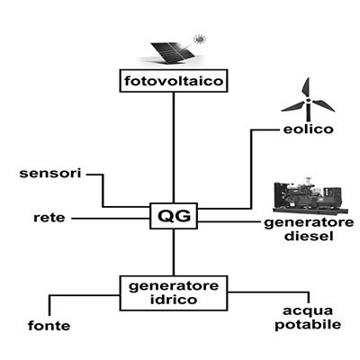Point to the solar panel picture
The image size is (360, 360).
coord(174,53)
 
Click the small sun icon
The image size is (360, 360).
coord(199,39)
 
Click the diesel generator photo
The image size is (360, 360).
coord(310,195)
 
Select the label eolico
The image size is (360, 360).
coord(309,130)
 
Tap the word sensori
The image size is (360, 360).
coord(50,173)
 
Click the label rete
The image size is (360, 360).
coord(49,218)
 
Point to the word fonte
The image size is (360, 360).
coord(49,326)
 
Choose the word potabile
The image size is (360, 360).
coord(308,325)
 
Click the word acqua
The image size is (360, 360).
coord(308,311)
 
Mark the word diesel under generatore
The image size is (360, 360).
coord(309,236)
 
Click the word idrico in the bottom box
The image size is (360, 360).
coord(174,300)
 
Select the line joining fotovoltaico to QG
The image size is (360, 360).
coord(174,148)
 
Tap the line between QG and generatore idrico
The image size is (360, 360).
coord(174,253)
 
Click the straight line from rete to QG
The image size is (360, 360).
coord(111,219)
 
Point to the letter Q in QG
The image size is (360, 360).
coord(166,216)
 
